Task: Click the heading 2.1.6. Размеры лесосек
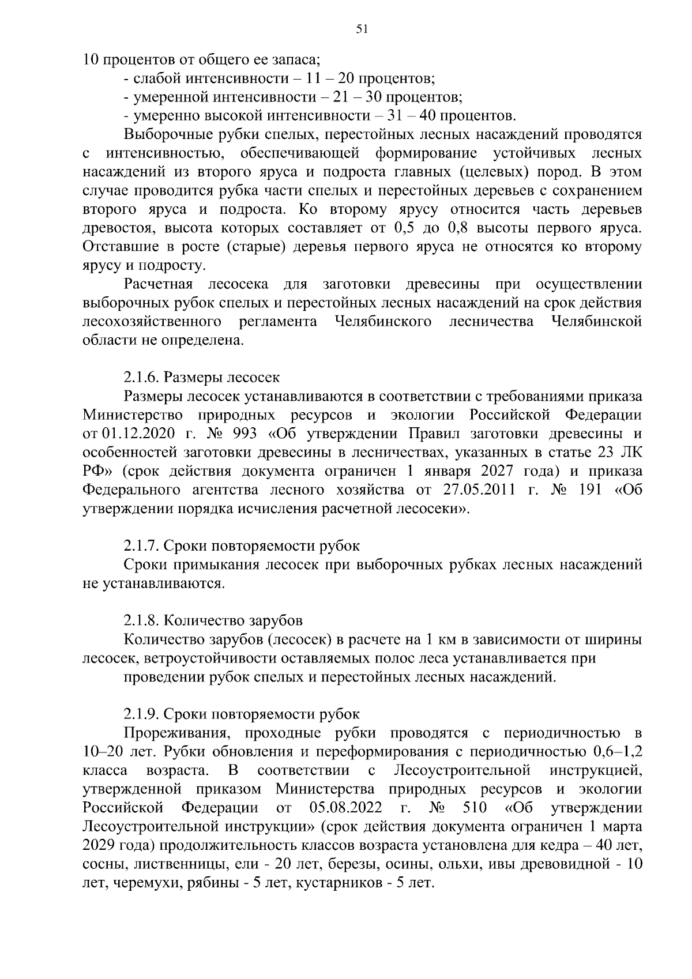click(x=201, y=378)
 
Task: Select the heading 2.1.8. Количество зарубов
click(x=213, y=620)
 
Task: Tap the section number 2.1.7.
click(x=141, y=545)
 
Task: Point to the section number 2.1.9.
click(x=141, y=714)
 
